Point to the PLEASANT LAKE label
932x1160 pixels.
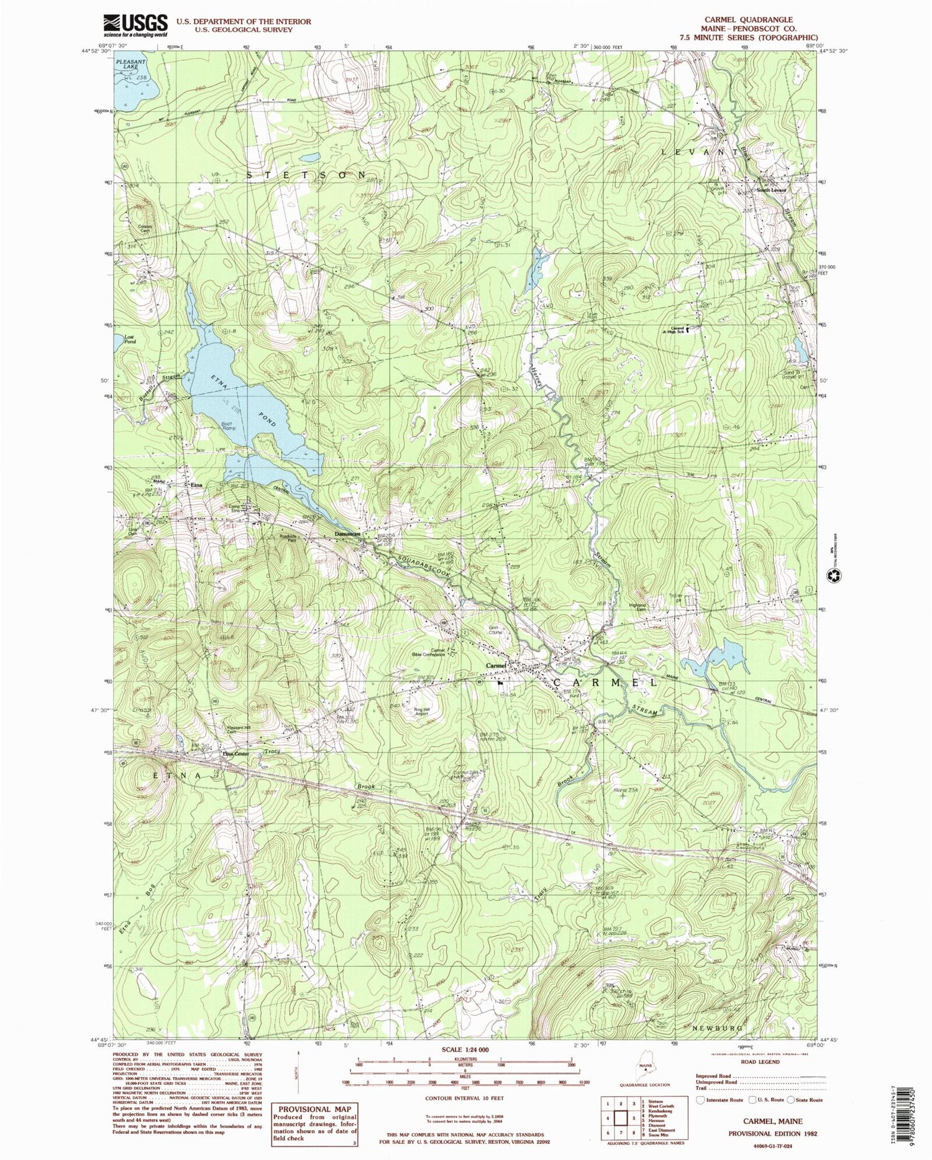click(130, 66)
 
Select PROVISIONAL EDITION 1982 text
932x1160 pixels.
click(779, 1133)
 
